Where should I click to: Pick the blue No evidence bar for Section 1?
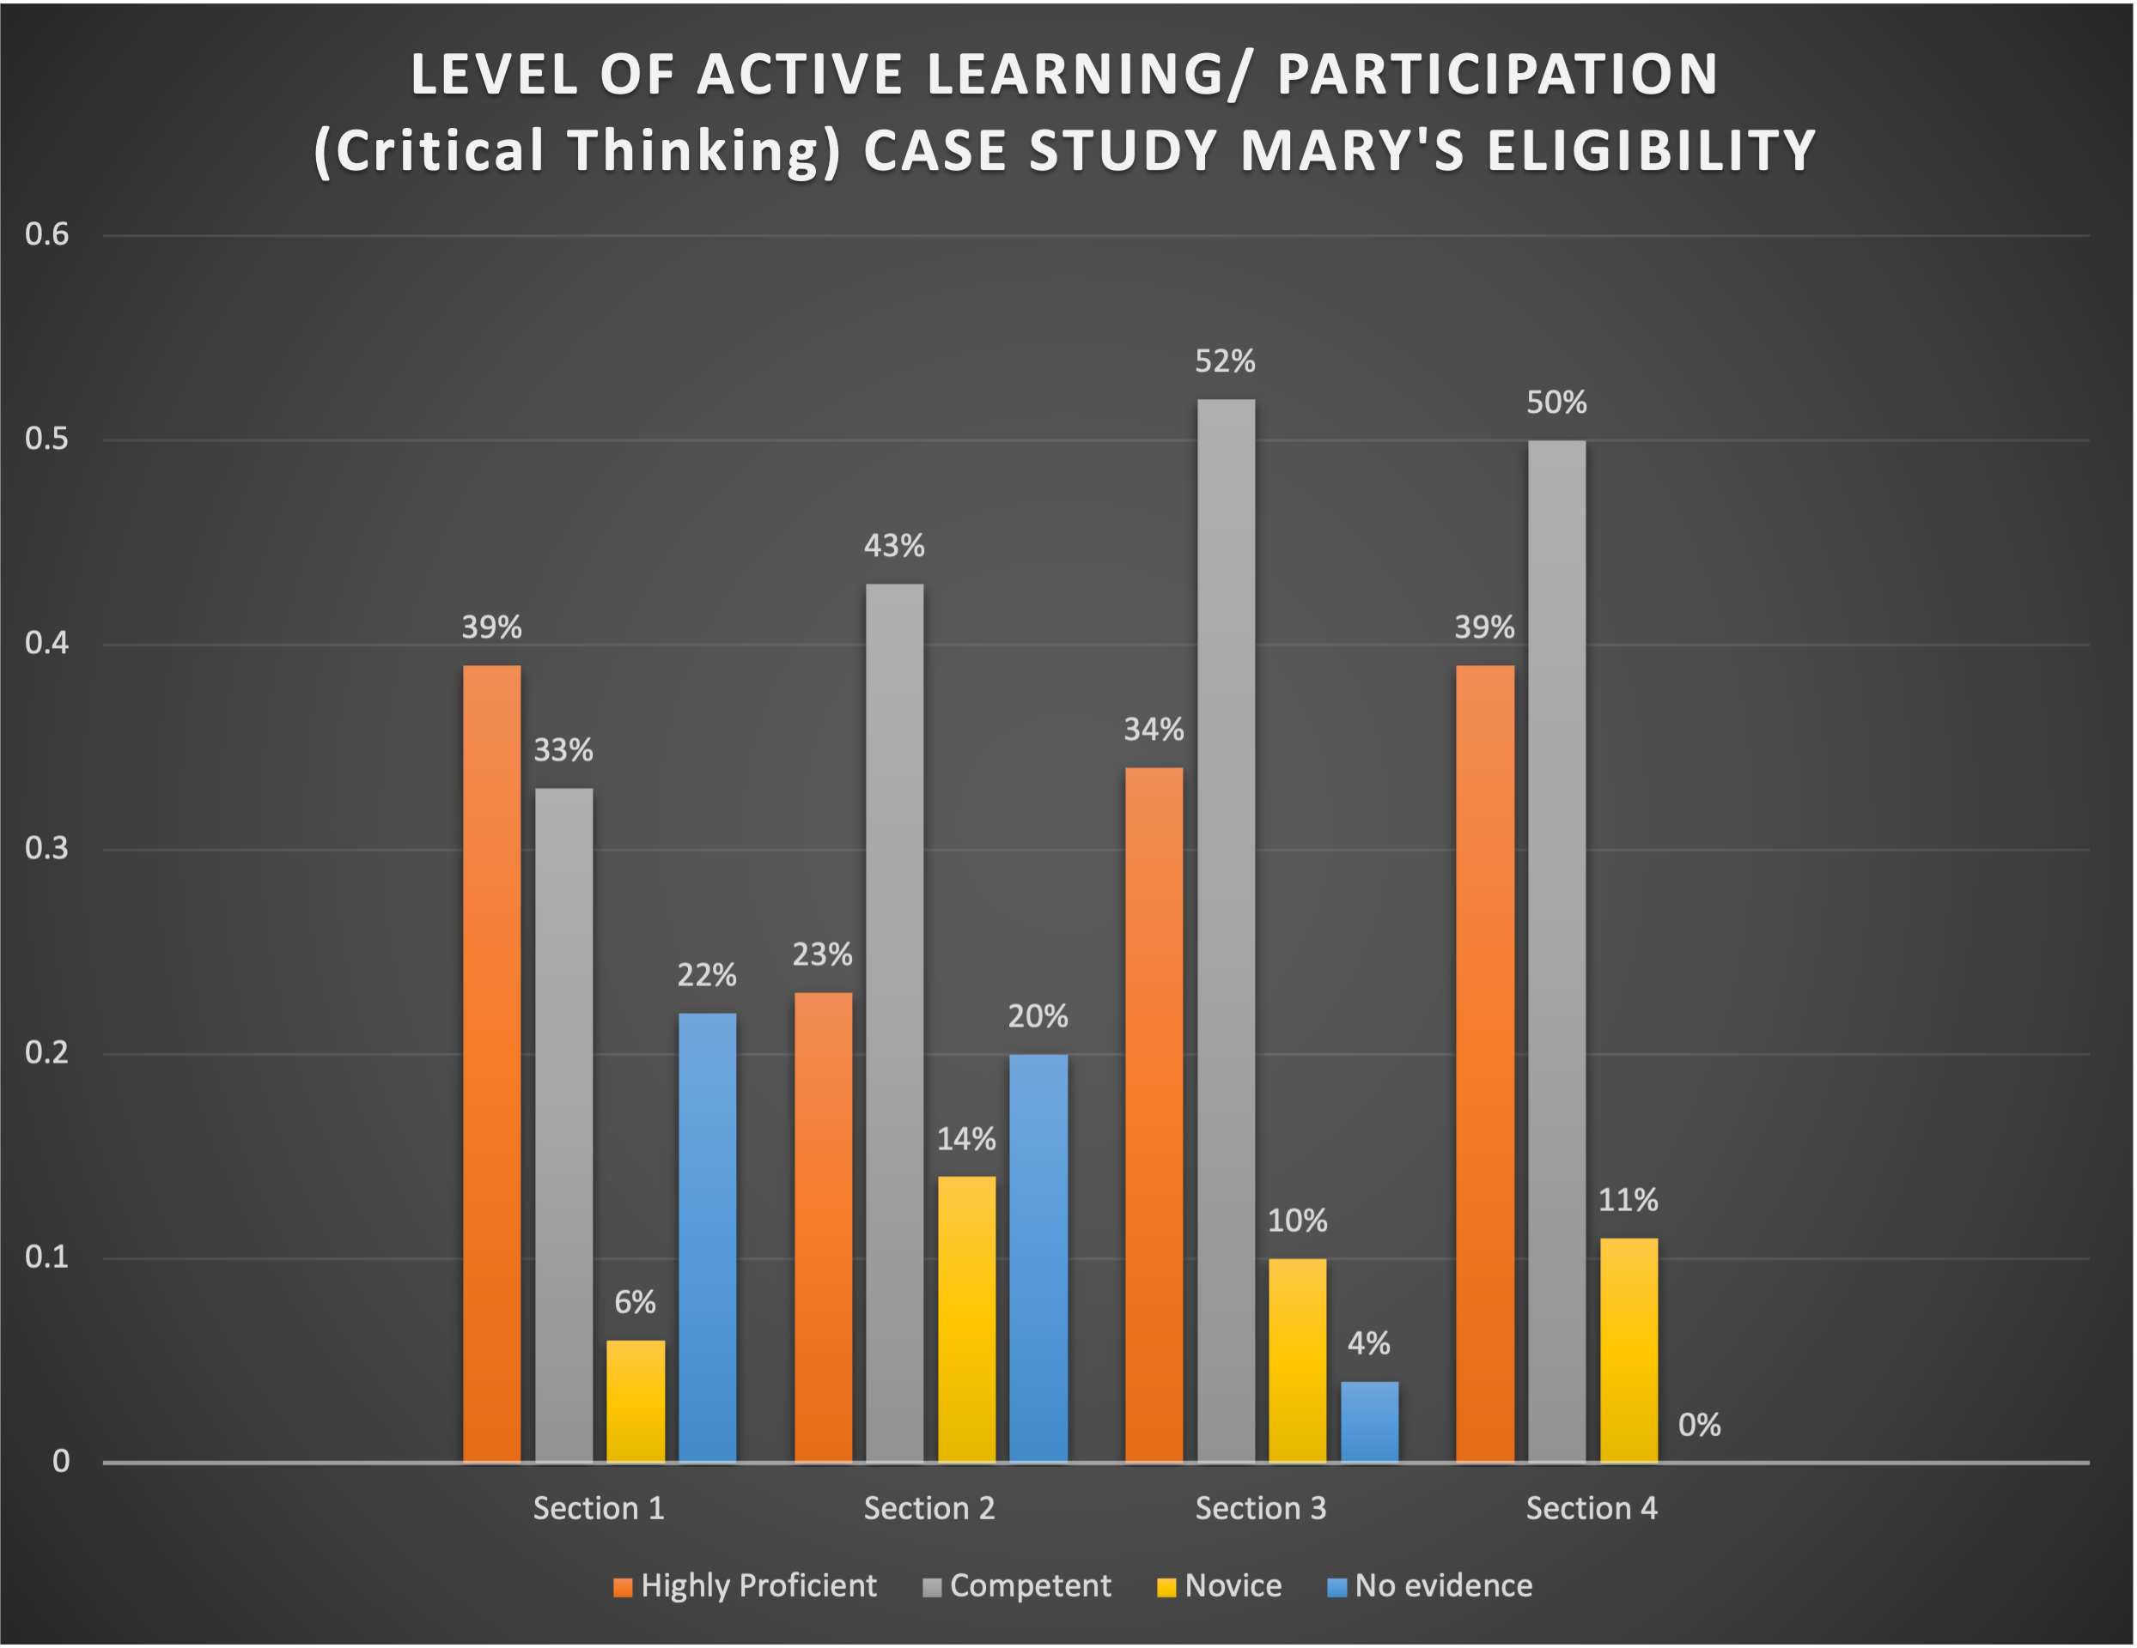(708, 1237)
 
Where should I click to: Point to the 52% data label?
(1225, 362)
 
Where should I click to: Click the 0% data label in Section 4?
(1700, 1425)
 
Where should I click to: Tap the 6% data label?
(635, 1302)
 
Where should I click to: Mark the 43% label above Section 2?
(894, 546)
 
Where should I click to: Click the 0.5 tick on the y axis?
(47, 439)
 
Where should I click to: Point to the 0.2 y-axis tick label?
(47, 1052)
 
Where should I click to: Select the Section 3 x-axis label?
(1260, 1508)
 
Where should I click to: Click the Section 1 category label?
(599, 1508)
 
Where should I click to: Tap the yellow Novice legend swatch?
(1166, 1587)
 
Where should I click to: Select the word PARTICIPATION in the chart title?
(1497, 75)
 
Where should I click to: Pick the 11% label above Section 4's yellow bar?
(1629, 1200)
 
